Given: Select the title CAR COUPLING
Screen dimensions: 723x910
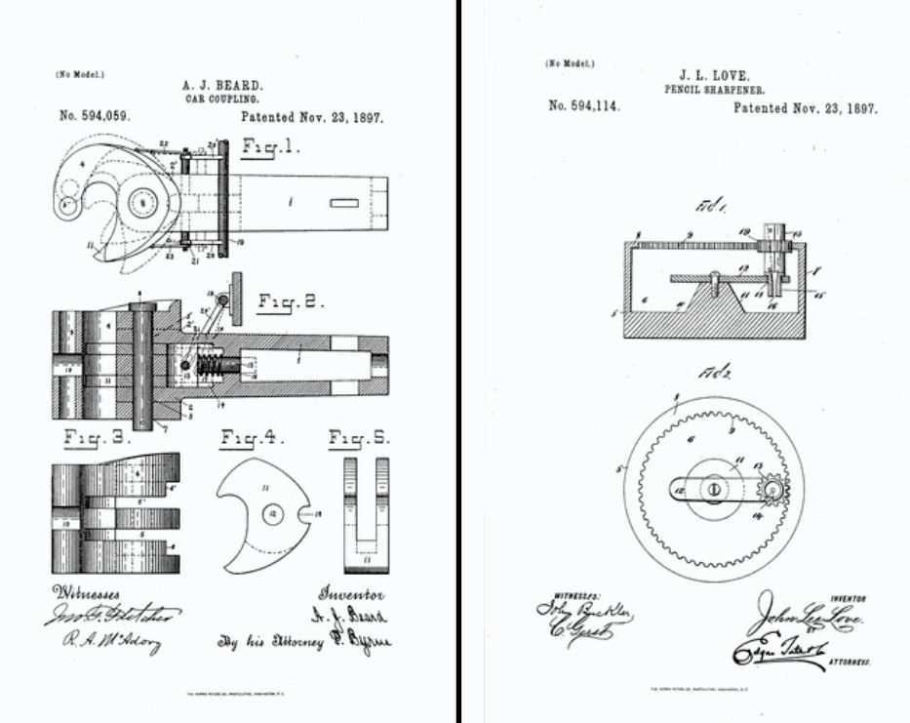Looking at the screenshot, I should click(221, 100).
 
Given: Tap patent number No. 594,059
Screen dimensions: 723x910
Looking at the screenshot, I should click(95, 116).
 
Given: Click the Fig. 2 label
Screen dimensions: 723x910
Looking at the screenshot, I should click(291, 302).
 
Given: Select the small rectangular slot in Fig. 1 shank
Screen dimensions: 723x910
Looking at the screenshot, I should click(343, 204).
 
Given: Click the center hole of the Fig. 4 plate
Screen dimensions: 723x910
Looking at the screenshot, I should click(274, 512).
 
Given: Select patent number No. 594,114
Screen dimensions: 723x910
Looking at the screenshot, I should click(583, 106).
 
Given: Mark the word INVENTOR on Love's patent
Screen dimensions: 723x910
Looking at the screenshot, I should click(846, 598).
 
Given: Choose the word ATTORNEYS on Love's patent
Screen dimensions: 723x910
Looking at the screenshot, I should click(845, 662).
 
